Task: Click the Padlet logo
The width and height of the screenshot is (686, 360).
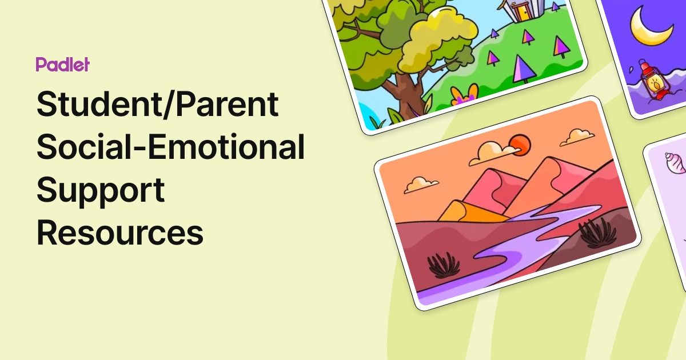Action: click(x=62, y=65)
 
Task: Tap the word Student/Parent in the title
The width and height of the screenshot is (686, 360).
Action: click(x=158, y=105)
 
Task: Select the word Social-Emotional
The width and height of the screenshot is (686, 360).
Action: click(x=170, y=147)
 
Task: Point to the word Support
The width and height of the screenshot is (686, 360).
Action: click(x=101, y=191)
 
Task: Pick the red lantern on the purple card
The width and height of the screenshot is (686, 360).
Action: click(x=653, y=83)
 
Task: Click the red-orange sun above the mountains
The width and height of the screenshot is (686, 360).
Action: click(x=520, y=145)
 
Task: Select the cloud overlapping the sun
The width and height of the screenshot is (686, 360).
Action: click(x=495, y=153)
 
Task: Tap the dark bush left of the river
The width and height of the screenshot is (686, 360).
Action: click(x=444, y=265)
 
